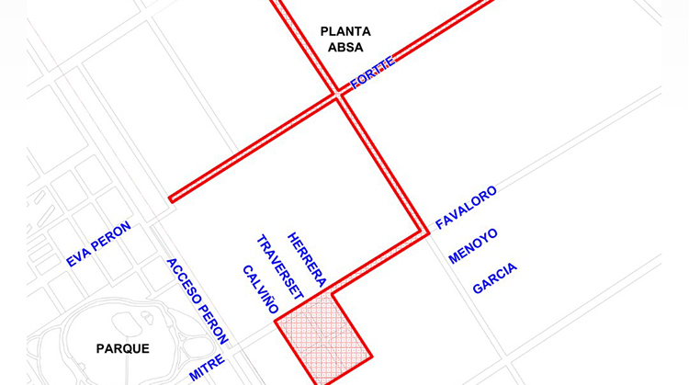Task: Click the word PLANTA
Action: point(345,31)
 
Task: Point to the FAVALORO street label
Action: point(466,208)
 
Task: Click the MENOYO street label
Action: point(473,246)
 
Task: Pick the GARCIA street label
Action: point(494,278)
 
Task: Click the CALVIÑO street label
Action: point(260,289)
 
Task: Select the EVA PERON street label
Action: point(98,244)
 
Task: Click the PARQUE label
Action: point(122,348)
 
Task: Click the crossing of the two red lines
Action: point(338,93)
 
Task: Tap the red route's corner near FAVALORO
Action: point(426,232)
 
